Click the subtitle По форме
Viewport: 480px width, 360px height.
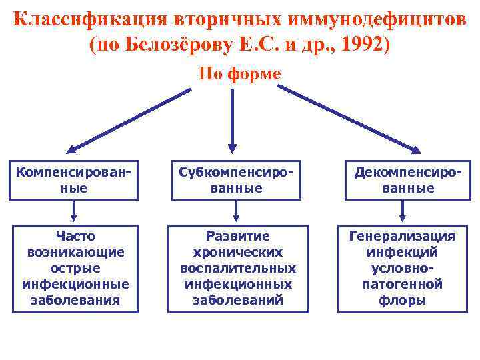tap(240, 73)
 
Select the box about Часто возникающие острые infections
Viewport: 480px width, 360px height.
tap(75, 268)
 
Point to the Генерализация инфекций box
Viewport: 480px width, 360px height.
tap(403, 268)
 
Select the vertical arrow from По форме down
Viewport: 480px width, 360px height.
tap(233, 120)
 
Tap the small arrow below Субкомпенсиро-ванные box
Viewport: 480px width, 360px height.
tap(235, 212)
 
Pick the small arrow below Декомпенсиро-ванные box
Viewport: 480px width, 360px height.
tap(402, 212)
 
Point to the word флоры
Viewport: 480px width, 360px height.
tap(403, 300)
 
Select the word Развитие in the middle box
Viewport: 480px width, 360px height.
tap(238, 236)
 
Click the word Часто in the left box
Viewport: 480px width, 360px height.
tap(75, 236)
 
